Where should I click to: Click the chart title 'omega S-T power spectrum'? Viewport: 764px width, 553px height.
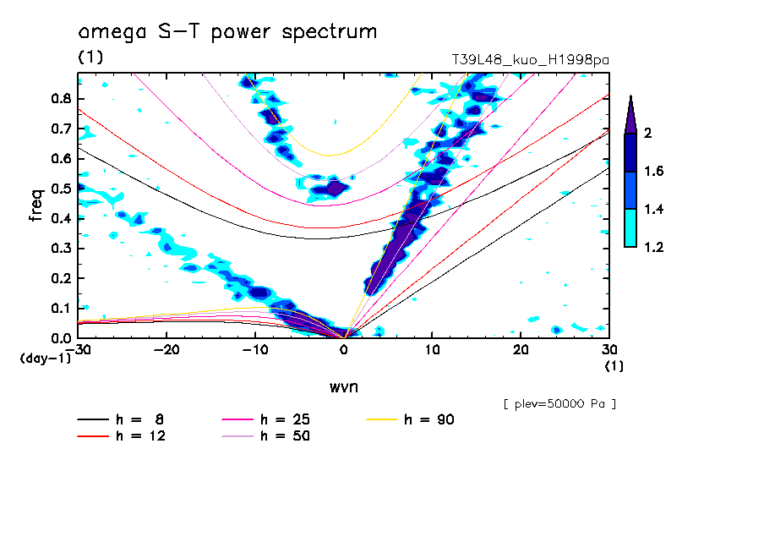pyautogui.click(x=227, y=33)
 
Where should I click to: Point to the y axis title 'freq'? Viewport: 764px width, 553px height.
pyautogui.click(x=36, y=205)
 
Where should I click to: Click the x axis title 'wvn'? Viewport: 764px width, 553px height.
pyautogui.click(x=343, y=387)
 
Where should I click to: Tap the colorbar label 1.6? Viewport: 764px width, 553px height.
pyautogui.click(x=653, y=172)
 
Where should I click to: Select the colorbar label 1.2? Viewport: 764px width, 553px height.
pyautogui.click(x=653, y=247)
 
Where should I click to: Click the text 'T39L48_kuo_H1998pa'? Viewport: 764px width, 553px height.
pyautogui.click(x=531, y=60)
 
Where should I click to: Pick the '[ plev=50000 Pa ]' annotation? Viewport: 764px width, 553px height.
pyautogui.click(x=559, y=404)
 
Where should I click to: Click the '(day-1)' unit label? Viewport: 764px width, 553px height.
pyautogui.click(x=45, y=359)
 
